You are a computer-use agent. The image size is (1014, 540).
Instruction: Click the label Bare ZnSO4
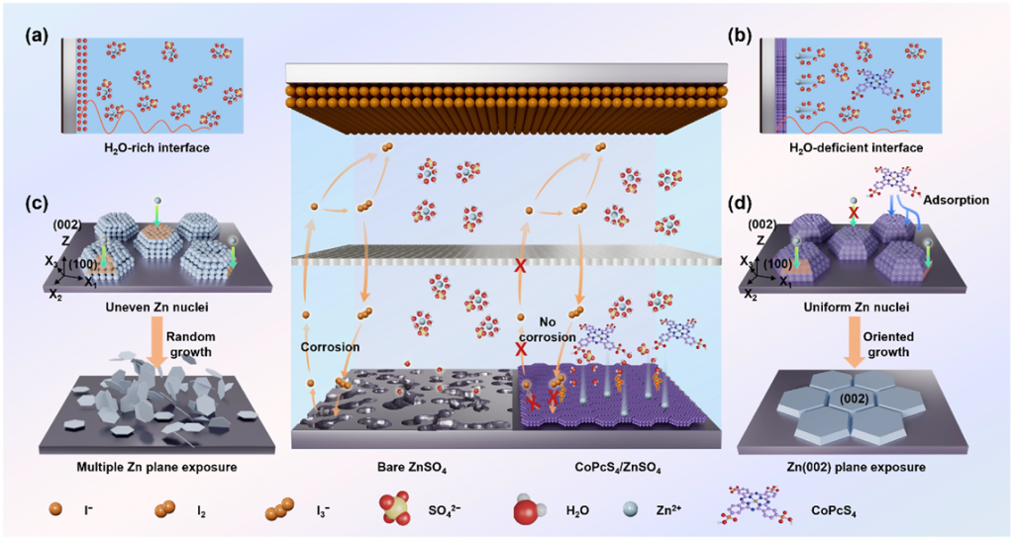tap(403, 466)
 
